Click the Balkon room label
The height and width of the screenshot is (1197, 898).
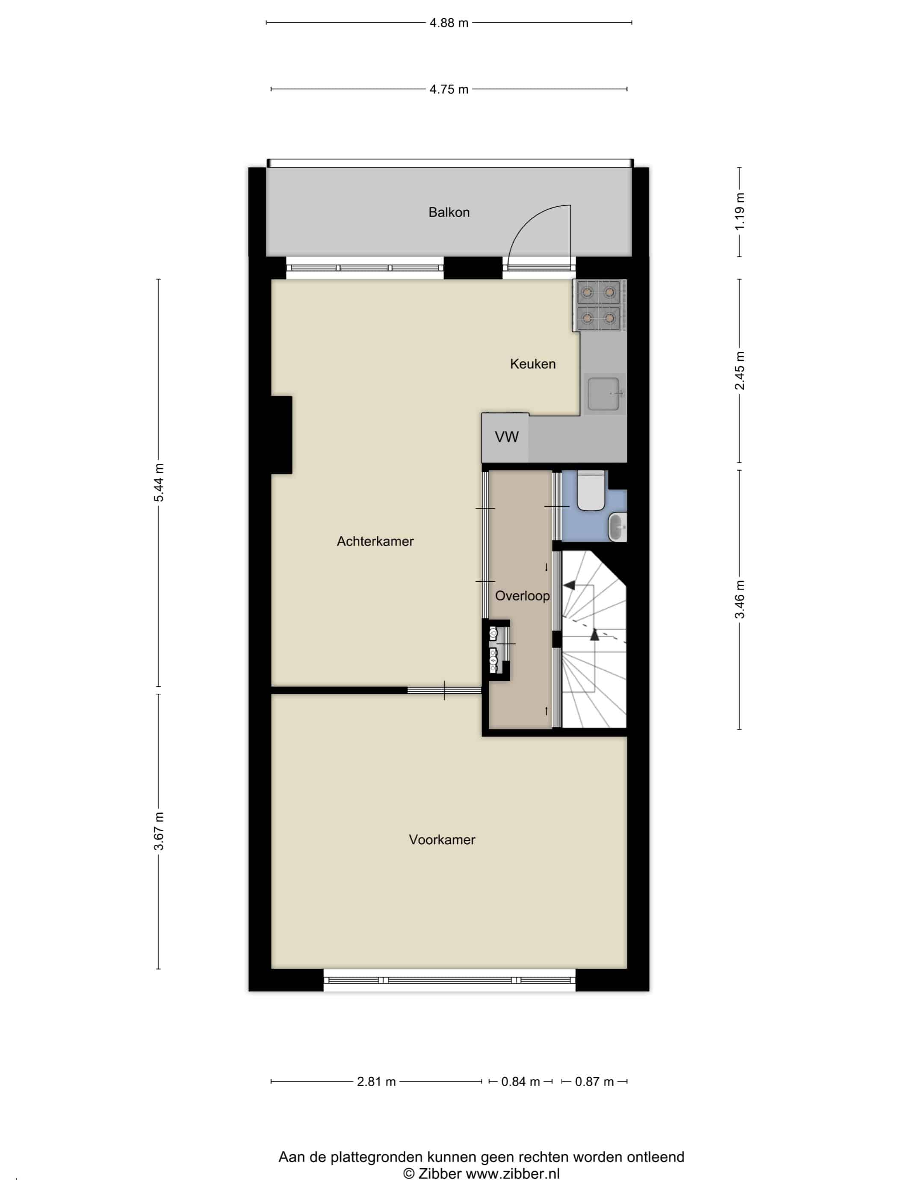point(449,212)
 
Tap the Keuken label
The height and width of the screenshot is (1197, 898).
point(533,364)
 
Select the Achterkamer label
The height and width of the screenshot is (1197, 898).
point(375,541)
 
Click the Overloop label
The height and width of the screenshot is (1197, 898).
point(523,596)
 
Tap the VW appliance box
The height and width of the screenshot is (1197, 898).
point(505,437)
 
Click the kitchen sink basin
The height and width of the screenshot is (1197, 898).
point(603,394)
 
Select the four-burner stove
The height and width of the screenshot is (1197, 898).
point(599,305)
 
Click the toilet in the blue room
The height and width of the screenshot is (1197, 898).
point(591,490)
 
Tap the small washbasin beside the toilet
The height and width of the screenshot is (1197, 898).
point(617,528)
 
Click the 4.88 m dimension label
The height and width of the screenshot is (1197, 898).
point(449,23)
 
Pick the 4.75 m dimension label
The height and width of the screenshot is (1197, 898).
point(449,89)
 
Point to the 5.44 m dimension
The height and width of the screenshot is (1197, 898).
point(159,483)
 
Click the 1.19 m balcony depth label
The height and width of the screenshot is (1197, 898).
point(740,212)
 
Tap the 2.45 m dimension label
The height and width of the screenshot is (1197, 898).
point(740,371)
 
